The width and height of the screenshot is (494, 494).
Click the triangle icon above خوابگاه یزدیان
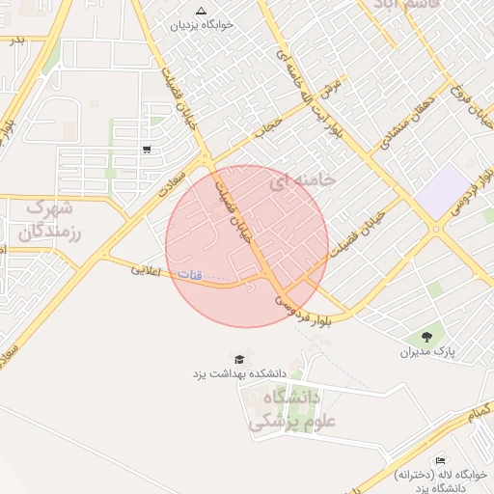[x=200, y=11]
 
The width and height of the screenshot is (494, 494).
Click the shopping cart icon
[x=146, y=149]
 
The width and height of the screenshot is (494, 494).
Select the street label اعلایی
[x=145, y=269]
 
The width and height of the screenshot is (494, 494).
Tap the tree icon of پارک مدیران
[x=425, y=336]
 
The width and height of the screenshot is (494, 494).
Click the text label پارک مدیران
[x=426, y=352]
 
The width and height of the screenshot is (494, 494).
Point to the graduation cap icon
[x=239, y=358]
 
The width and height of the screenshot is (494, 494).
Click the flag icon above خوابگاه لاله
[x=441, y=459]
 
